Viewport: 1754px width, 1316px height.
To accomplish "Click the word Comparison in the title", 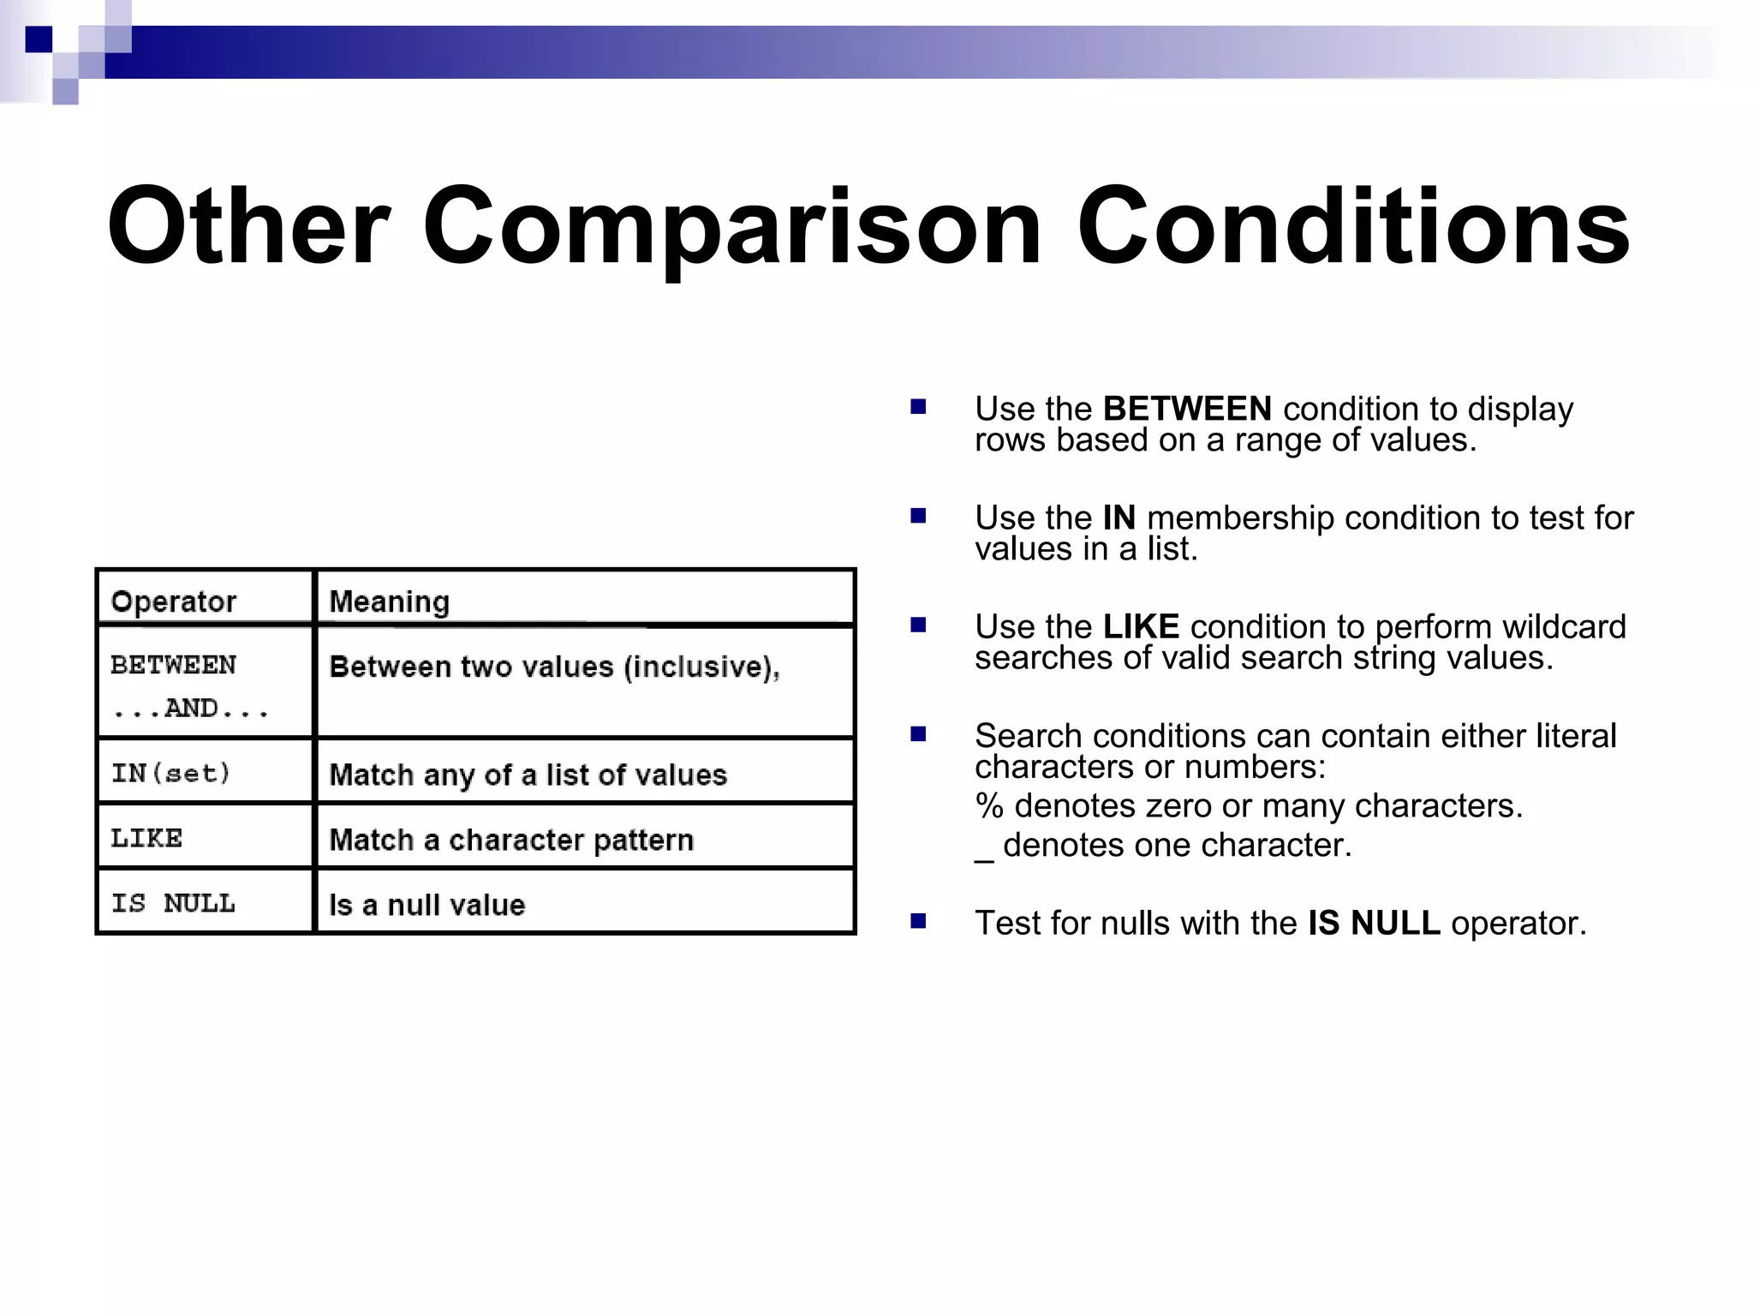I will [x=732, y=227].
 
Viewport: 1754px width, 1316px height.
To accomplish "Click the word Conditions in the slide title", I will [x=1353, y=227].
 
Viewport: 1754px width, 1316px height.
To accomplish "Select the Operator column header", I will [x=174, y=601].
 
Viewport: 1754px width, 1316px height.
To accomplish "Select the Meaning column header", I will [x=390, y=601].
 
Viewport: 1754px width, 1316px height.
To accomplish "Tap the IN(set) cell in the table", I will [x=171, y=774].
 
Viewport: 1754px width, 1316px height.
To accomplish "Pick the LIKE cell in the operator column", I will [x=146, y=838].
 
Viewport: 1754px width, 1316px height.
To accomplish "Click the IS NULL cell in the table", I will [x=173, y=903].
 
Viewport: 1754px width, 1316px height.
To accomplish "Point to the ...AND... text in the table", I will [x=191, y=709].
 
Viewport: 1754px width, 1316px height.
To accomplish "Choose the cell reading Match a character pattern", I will [x=511, y=840].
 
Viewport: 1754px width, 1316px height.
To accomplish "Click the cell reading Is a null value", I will [x=427, y=905].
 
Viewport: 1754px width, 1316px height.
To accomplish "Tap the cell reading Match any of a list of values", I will [x=528, y=775].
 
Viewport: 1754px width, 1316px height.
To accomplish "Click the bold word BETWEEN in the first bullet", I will [x=1187, y=409].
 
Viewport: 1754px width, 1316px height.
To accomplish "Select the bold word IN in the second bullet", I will [x=1119, y=517].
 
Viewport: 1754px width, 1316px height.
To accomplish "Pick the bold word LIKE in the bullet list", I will [x=1141, y=626].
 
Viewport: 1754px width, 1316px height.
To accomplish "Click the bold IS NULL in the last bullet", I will [x=1374, y=923].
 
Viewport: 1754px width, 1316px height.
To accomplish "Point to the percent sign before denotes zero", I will [x=989, y=806].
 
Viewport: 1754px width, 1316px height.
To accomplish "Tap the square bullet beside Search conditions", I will [x=918, y=734].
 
